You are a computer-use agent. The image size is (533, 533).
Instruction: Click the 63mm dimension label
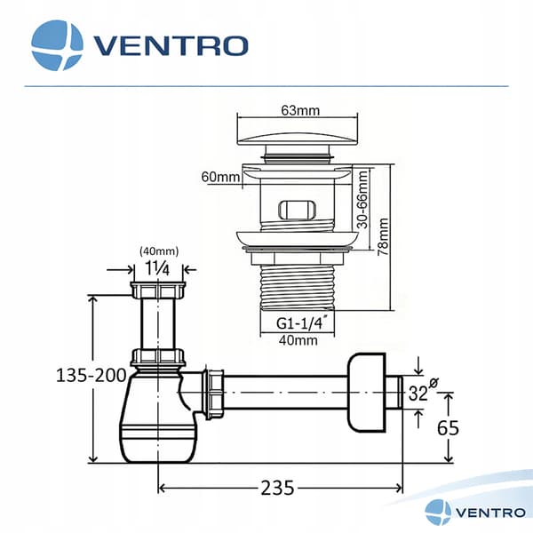tap(300, 110)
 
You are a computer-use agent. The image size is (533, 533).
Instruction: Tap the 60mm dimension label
tap(220, 177)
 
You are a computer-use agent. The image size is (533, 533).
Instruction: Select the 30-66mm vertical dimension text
tap(362, 200)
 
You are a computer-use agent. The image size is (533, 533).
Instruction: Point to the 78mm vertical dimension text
tap(383, 236)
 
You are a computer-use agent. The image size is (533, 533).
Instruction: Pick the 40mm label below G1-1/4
tap(298, 340)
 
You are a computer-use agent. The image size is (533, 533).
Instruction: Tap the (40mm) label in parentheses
tap(159, 251)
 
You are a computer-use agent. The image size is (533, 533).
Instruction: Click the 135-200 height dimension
tap(91, 376)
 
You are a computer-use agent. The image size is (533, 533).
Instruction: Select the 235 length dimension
tap(277, 488)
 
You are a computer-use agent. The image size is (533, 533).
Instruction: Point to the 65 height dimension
tap(448, 428)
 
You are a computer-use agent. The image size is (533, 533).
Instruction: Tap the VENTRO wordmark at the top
tap(171, 46)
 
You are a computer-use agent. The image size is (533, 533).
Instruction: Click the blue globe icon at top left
tap(57, 45)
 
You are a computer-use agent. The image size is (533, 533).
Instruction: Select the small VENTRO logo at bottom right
tap(475, 513)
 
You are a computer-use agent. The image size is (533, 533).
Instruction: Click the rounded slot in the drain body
tap(297, 210)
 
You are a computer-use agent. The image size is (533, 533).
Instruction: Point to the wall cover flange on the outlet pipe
tap(366, 393)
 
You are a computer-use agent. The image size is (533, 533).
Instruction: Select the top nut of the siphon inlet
tap(158, 290)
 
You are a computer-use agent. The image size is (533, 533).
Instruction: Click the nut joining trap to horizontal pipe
tap(213, 394)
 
